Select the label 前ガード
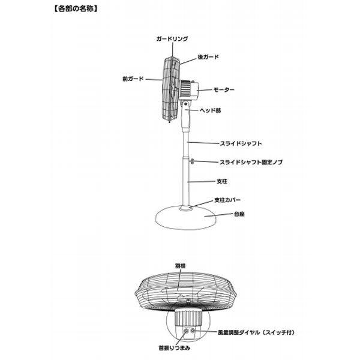tap(132, 79)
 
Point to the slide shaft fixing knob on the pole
tap(191, 161)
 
